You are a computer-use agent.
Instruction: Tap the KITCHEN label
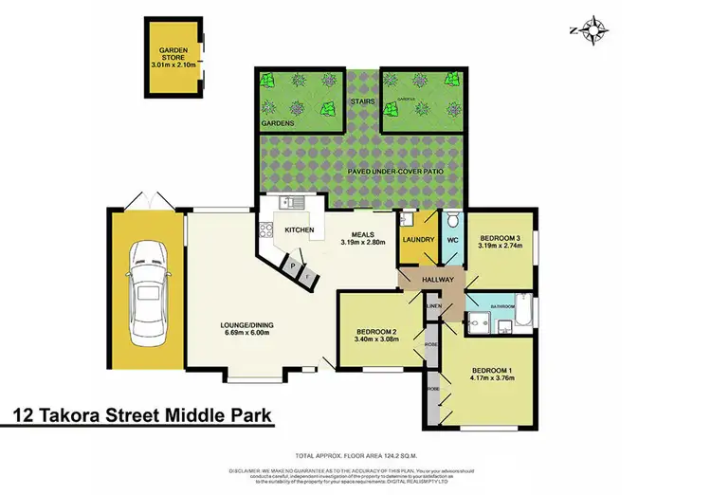(299, 230)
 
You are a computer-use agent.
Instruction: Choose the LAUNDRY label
(418, 240)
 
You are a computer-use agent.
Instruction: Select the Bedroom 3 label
(500, 238)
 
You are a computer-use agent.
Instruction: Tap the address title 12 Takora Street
(142, 414)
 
